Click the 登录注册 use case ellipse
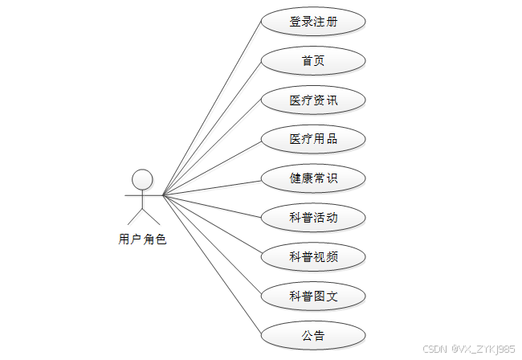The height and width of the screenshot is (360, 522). (x=313, y=22)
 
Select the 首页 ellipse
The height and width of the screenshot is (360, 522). (x=313, y=61)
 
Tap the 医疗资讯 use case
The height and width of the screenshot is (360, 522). (x=313, y=100)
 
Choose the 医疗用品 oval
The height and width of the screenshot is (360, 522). (x=313, y=139)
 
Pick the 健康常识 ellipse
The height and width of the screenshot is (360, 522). (x=313, y=178)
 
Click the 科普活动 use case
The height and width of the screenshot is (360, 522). (x=313, y=217)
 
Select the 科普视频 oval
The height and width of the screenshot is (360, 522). (x=313, y=256)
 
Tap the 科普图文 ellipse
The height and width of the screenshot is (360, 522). (x=313, y=296)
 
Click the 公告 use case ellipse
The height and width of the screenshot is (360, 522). (x=313, y=335)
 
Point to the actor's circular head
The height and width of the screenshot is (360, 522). (x=142, y=178)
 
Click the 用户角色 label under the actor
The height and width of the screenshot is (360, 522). (x=142, y=239)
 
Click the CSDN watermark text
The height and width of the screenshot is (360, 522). (x=468, y=350)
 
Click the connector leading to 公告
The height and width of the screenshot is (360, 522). (x=212, y=264)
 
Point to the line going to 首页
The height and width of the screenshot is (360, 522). (x=212, y=127)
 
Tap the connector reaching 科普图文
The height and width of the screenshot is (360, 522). (x=212, y=244)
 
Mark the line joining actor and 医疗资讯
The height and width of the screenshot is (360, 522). (x=212, y=147)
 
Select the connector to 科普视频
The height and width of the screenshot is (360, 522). (x=212, y=225)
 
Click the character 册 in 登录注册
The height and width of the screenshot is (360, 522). (x=332, y=22)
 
